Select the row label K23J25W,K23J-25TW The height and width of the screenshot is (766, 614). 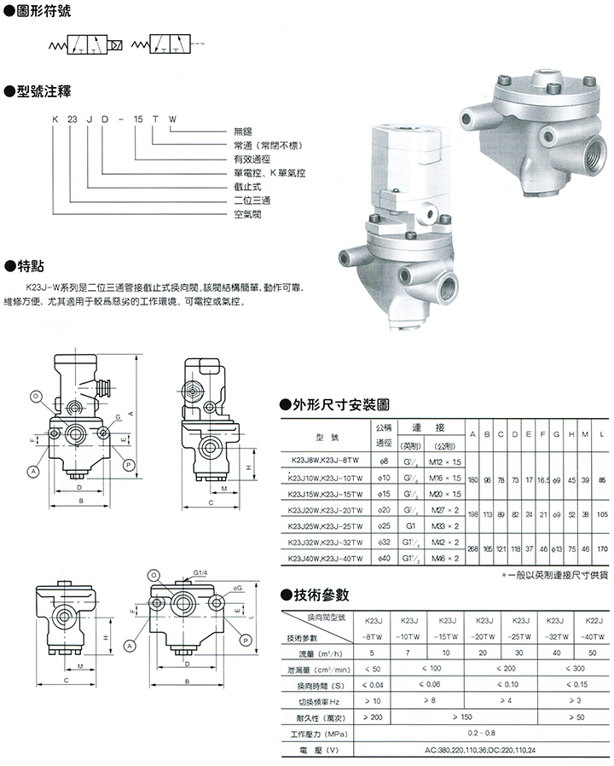pyautogui.click(x=321, y=526)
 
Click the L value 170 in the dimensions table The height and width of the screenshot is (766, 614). pyautogui.click(x=602, y=550)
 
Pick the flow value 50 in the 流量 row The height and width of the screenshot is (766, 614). pyautogui.click(x=590, y=654)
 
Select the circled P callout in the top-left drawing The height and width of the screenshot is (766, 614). pyautogui.click(x=127, y=464)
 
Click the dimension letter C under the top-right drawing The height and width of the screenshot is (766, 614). pyautogui.click(x=209, y=504)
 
